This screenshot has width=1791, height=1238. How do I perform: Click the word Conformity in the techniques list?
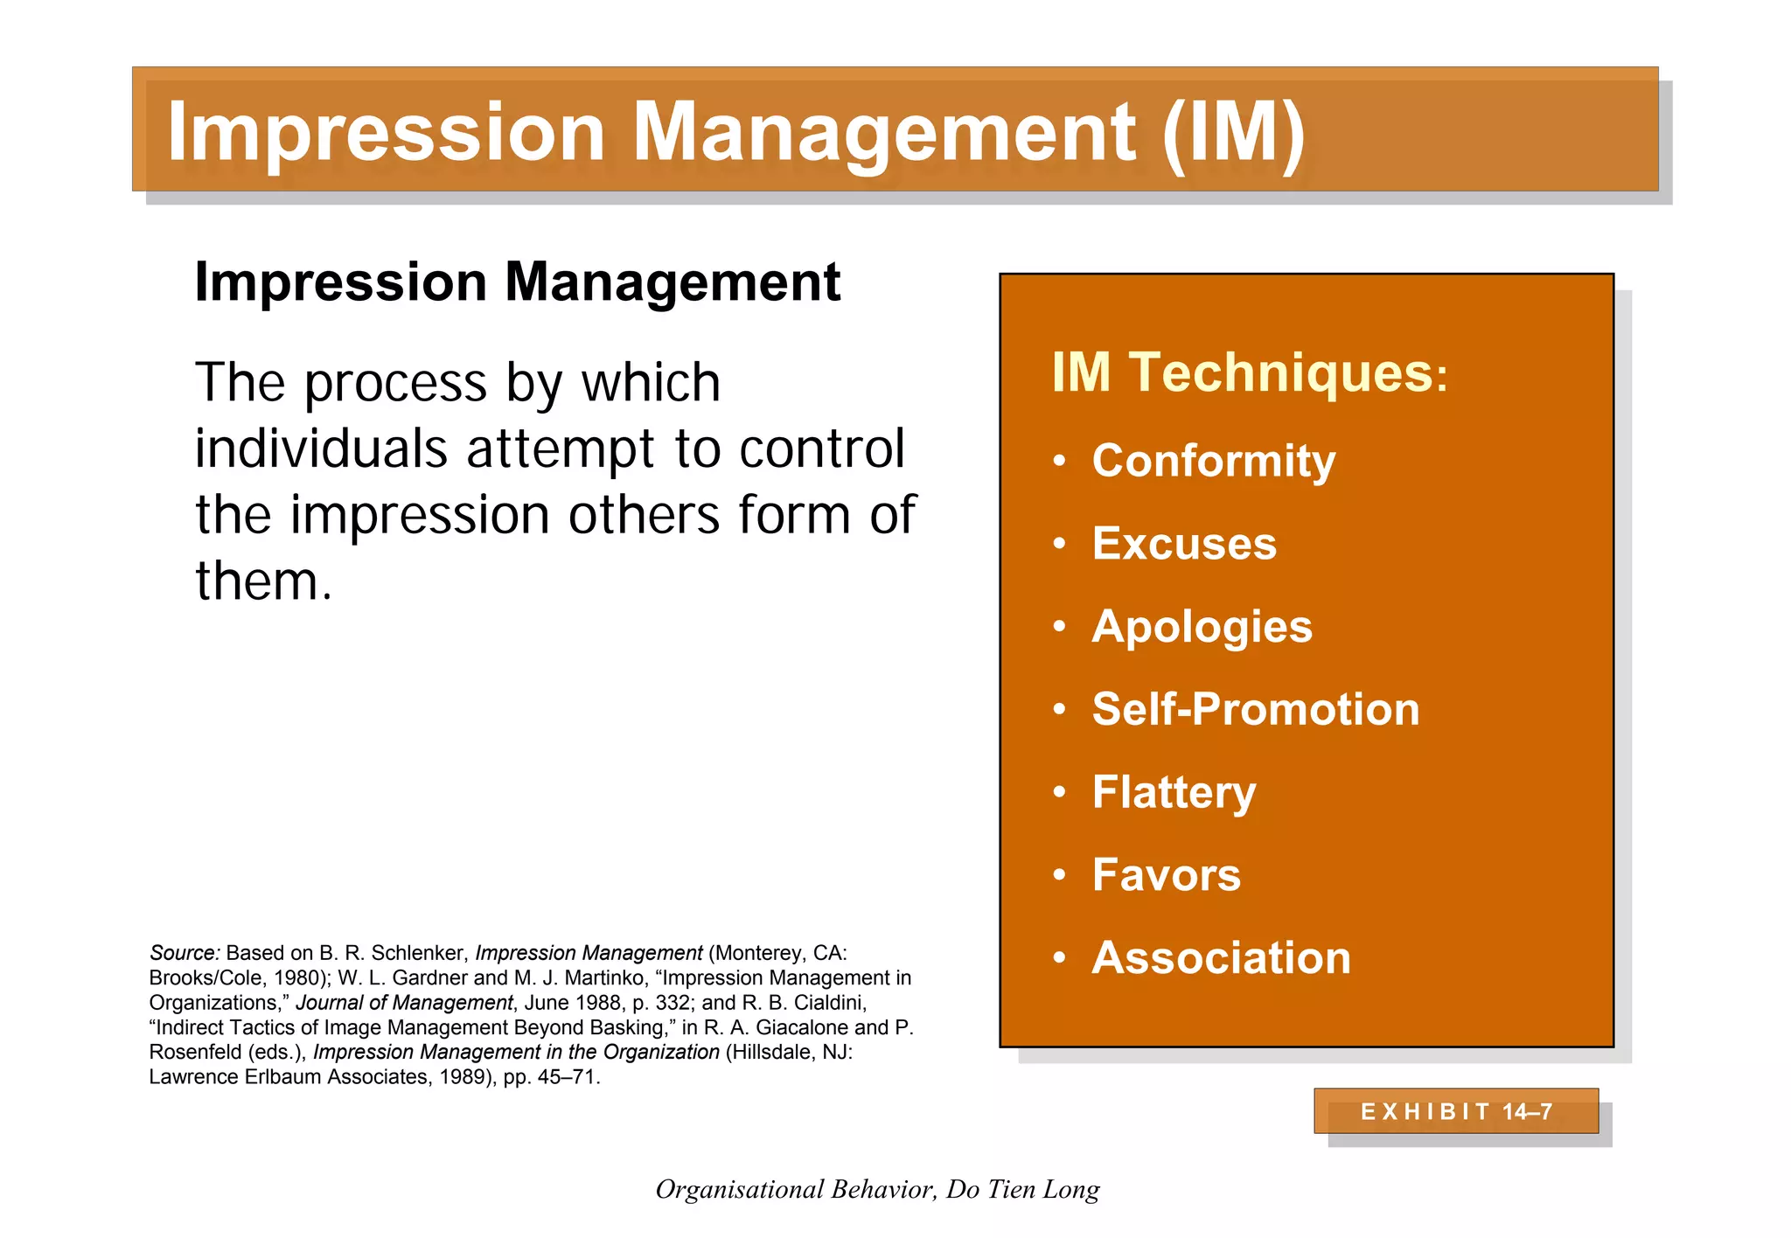pos(1213,461)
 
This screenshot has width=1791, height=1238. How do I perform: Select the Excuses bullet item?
pos(1184,544)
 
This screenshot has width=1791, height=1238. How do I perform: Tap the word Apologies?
pos(1202,627)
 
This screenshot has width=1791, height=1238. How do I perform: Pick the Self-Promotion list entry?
pos(1255,709)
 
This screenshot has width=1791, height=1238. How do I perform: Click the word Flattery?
pos(1174,792)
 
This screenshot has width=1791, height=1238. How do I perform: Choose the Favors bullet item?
pos(1166,875)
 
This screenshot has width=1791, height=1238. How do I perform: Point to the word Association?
pos(1221,958)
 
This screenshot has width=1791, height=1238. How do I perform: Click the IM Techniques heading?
pos(1249,372)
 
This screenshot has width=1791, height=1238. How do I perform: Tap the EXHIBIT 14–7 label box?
pos(1456,1111)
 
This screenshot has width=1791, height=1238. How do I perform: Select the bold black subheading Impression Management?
pos(517,282)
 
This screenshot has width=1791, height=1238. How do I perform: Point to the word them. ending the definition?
pos(263,581)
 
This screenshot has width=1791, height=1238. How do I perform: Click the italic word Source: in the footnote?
pos(185,953)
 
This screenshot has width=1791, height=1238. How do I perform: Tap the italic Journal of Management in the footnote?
pos(404,1003)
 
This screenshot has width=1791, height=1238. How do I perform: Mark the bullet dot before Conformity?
pos(1060,461)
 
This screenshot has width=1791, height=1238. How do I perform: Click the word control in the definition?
pos(821,449)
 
